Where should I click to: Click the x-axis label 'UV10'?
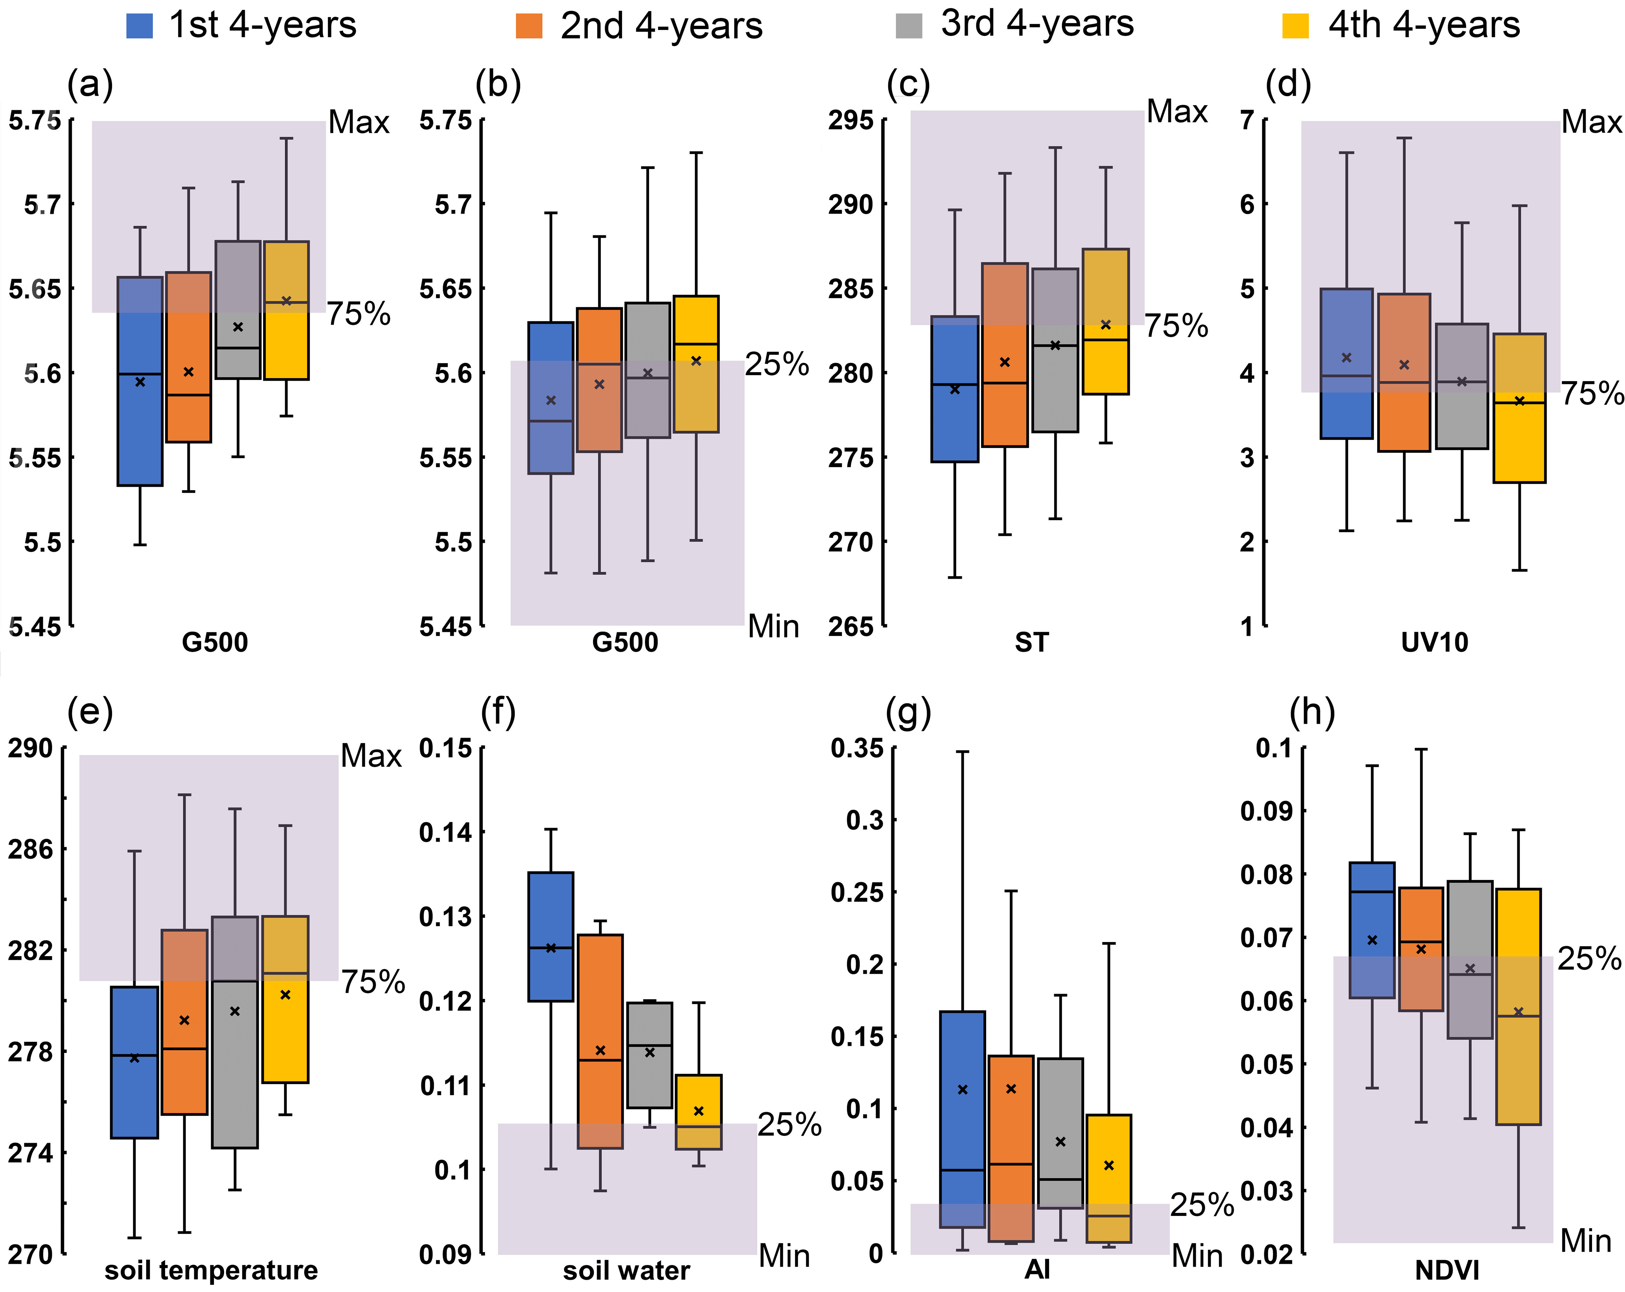1434,642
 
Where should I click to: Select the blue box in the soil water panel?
550,936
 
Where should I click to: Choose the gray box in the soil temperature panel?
234,1033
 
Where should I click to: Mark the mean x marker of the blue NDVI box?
1372,940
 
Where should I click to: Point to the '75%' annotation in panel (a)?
359,313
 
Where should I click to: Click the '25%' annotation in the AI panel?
1201,1205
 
